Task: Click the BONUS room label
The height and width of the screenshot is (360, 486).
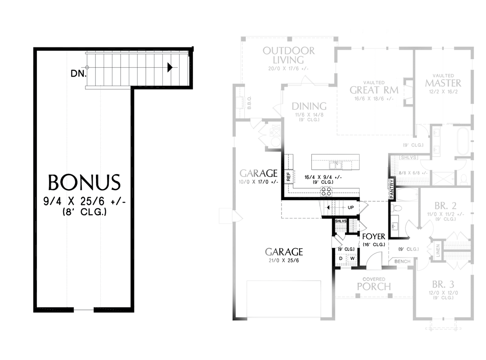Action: [84, 183]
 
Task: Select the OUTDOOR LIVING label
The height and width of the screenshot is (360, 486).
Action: [288, 55]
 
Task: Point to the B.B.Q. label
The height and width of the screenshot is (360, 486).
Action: [249, 103]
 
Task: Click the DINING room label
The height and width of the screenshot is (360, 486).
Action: [309, 106]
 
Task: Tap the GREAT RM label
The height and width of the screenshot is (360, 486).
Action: [374, 89]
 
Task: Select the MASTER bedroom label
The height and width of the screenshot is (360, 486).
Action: [443, 83]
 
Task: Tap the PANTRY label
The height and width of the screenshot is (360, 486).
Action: [392, 189]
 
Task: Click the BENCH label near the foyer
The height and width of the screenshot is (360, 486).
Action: [402, 262]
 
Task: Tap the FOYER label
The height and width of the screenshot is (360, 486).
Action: [373, 236]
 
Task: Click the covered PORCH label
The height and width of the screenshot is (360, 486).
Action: [374, 286]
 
